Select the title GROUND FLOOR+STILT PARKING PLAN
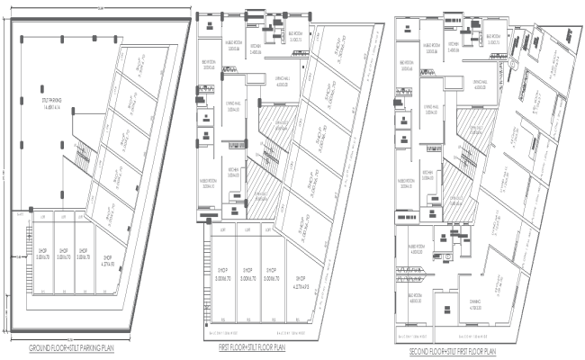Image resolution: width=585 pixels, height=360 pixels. [x=82, y=347]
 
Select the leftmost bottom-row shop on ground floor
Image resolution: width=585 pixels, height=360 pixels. [x=42, y=254]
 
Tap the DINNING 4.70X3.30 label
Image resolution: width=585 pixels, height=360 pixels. [x=474, y=306]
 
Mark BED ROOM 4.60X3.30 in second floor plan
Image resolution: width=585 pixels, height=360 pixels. [x=416, y=300]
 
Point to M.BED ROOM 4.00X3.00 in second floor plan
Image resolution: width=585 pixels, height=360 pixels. [x=416, y=249]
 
